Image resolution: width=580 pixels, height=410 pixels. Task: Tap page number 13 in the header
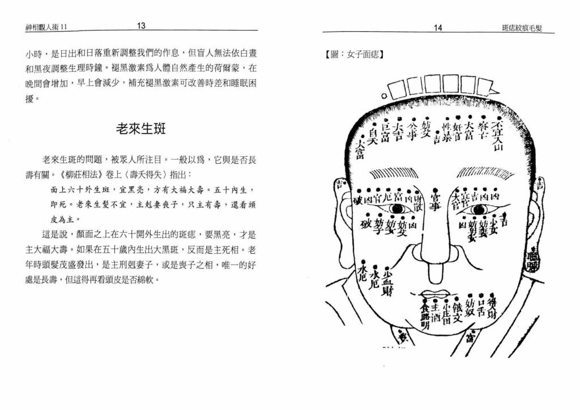141,25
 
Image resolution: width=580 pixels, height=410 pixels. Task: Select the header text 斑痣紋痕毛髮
522,27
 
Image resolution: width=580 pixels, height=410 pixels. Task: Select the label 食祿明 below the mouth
424,318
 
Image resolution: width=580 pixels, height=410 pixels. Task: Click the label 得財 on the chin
492,306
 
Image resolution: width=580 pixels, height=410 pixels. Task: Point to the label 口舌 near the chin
480,306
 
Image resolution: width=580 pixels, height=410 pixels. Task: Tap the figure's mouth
436,293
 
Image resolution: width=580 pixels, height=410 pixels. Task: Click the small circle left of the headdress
385,96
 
